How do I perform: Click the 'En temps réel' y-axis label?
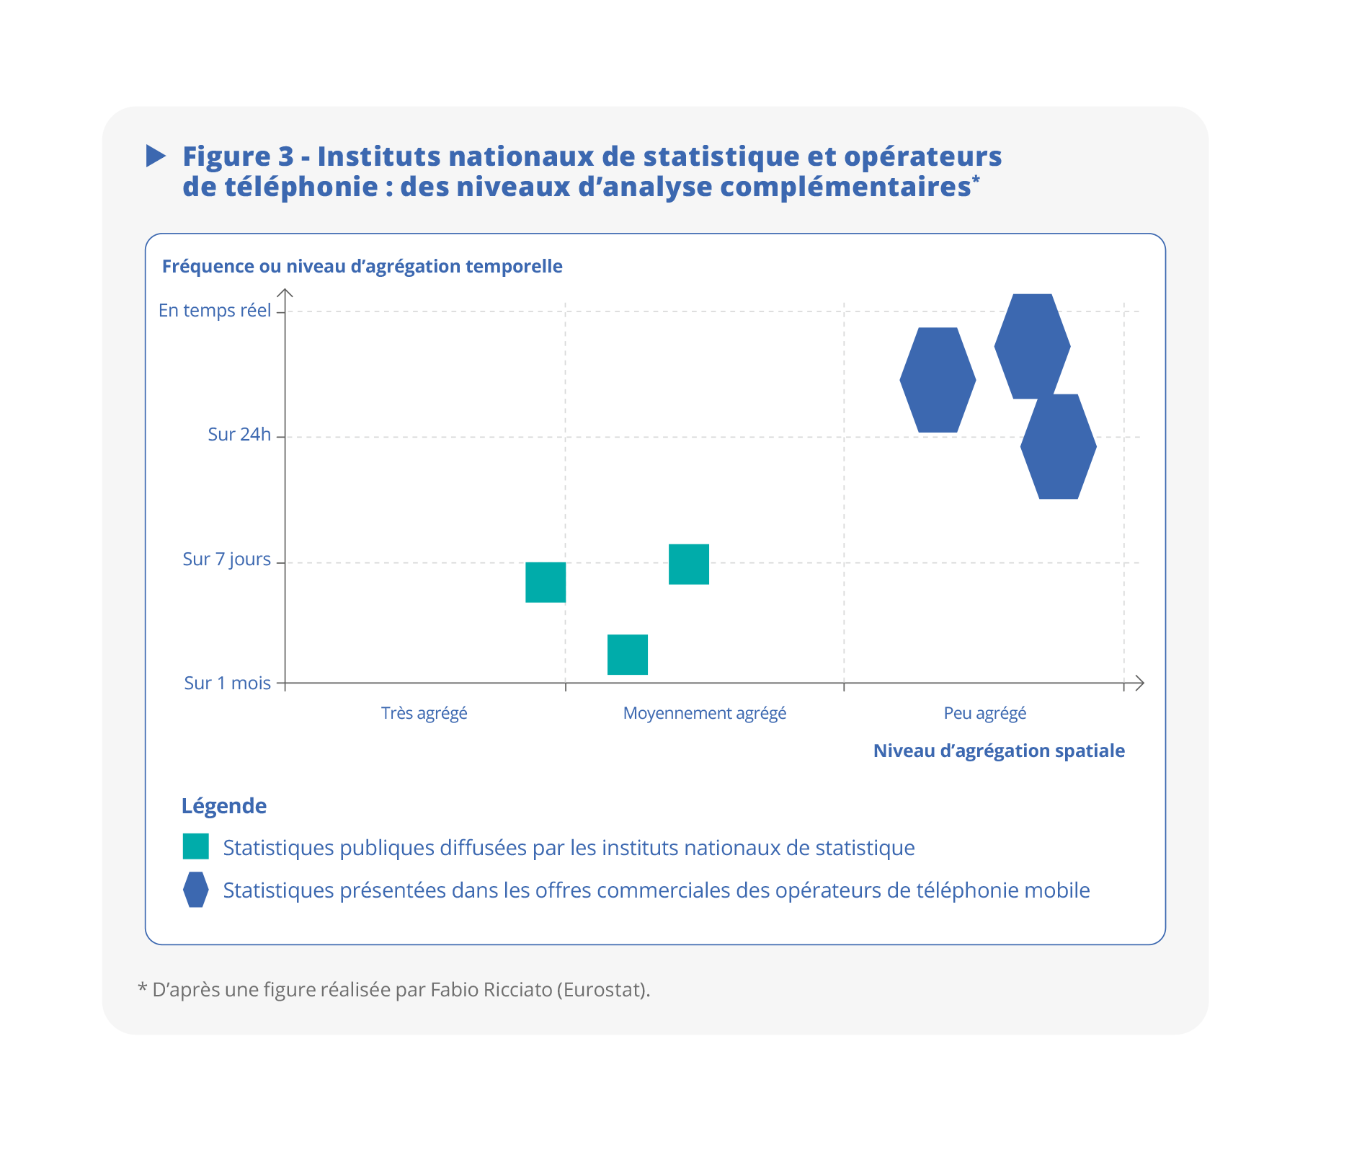[215, 311]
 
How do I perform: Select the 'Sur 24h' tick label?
[239, 435]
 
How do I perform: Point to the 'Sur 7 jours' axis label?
[226, 559]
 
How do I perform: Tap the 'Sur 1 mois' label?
[227, 683]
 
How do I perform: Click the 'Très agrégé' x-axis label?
[424, 714]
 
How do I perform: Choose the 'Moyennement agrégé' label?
[704, 714]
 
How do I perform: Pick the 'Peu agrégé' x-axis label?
[984, 714]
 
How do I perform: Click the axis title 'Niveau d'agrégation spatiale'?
[998, 751]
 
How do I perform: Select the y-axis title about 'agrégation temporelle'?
[362, 267]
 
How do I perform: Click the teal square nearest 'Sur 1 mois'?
[627, 655]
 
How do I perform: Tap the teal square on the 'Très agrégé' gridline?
[546, 582]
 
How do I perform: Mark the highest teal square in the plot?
[688, 565]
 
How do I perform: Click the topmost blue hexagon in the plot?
[1032, 346]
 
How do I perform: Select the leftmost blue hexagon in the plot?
[938, 380]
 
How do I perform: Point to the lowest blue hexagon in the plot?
[1058, 447]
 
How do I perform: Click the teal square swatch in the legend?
[195, 846]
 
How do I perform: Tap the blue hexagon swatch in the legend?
[195, 890]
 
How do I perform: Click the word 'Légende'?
[223, 806]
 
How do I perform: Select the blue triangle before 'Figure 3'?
[156, 156]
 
